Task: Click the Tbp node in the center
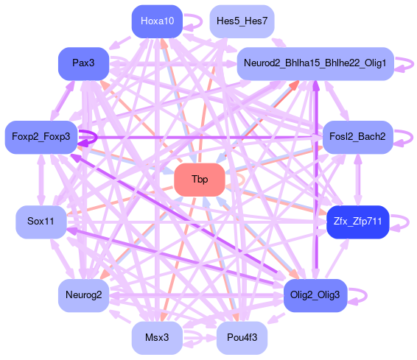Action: click(200, 180)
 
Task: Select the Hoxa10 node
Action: click(157, 21)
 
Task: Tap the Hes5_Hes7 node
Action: click(242, 21)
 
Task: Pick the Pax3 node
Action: click(83, 63)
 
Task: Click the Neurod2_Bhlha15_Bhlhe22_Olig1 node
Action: click(315, 63)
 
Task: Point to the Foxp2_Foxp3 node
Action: click(41, 137)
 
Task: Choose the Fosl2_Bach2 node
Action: click(357, 137)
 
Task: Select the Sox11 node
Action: click(41, 222)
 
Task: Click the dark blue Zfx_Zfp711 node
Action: click(357, 222)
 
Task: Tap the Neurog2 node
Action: click(83, 295)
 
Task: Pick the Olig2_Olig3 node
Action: click(315, 295)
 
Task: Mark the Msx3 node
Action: click(157, 338)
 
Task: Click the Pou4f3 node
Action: click(242, 338)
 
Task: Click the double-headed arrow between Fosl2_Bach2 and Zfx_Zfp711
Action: click(357, 180)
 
